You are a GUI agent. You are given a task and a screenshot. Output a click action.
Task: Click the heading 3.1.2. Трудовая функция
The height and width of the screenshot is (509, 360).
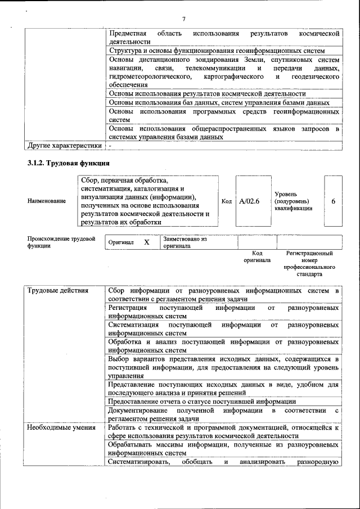click(x=68, y=163)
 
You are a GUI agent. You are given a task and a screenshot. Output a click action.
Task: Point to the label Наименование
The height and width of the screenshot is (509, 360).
click(x=47, y=201)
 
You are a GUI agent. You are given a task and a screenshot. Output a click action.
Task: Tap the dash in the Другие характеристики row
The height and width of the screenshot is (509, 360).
click(x=111, y=146)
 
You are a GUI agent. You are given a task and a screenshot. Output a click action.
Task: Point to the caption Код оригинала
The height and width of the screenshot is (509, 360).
click(x=257, y=257)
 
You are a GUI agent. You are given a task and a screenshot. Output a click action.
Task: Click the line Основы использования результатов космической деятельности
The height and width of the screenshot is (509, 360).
click(x=207, y=93)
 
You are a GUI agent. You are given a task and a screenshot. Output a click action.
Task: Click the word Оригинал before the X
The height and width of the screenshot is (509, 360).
click(x=121, y=242)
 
